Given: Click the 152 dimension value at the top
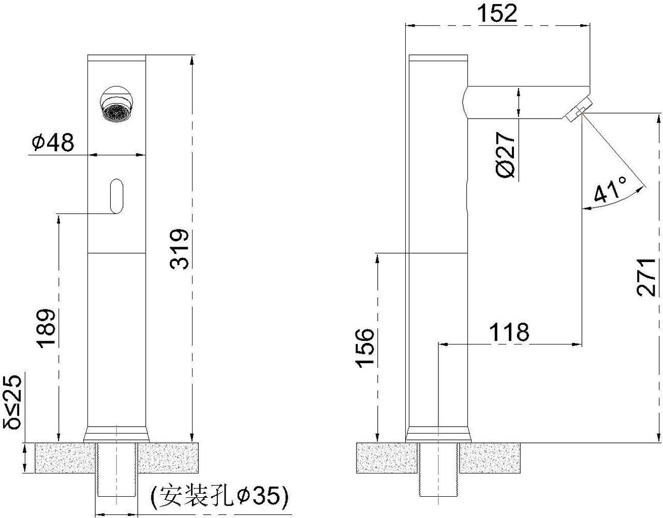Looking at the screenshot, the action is [x=497, y=13].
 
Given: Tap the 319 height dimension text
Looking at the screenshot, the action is [x=179, y=249].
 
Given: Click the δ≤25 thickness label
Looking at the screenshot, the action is [x=12, y=401].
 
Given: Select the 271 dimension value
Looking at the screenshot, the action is [x=645, y=278].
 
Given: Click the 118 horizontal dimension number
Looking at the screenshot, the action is [x=509, y=332].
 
